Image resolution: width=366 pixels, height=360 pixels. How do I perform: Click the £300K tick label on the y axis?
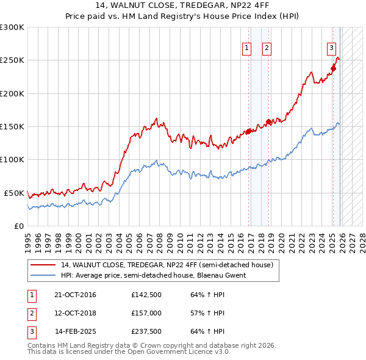click(12, 27)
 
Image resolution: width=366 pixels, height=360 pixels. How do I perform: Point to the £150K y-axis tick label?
click(12, 126)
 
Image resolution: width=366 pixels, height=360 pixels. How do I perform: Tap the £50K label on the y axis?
click(14, 193)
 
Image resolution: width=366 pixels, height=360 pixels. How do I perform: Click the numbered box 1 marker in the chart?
click(247, 49)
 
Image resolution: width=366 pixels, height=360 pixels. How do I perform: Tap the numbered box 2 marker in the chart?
click(267, 49)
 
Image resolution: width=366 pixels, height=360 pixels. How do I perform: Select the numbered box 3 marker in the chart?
click(331, 49)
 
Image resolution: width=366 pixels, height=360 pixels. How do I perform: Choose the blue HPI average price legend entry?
click(153, 275)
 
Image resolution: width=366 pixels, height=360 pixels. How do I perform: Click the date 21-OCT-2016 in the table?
click(75, 295)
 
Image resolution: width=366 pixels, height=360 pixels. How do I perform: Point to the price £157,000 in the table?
click(146, 313)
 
